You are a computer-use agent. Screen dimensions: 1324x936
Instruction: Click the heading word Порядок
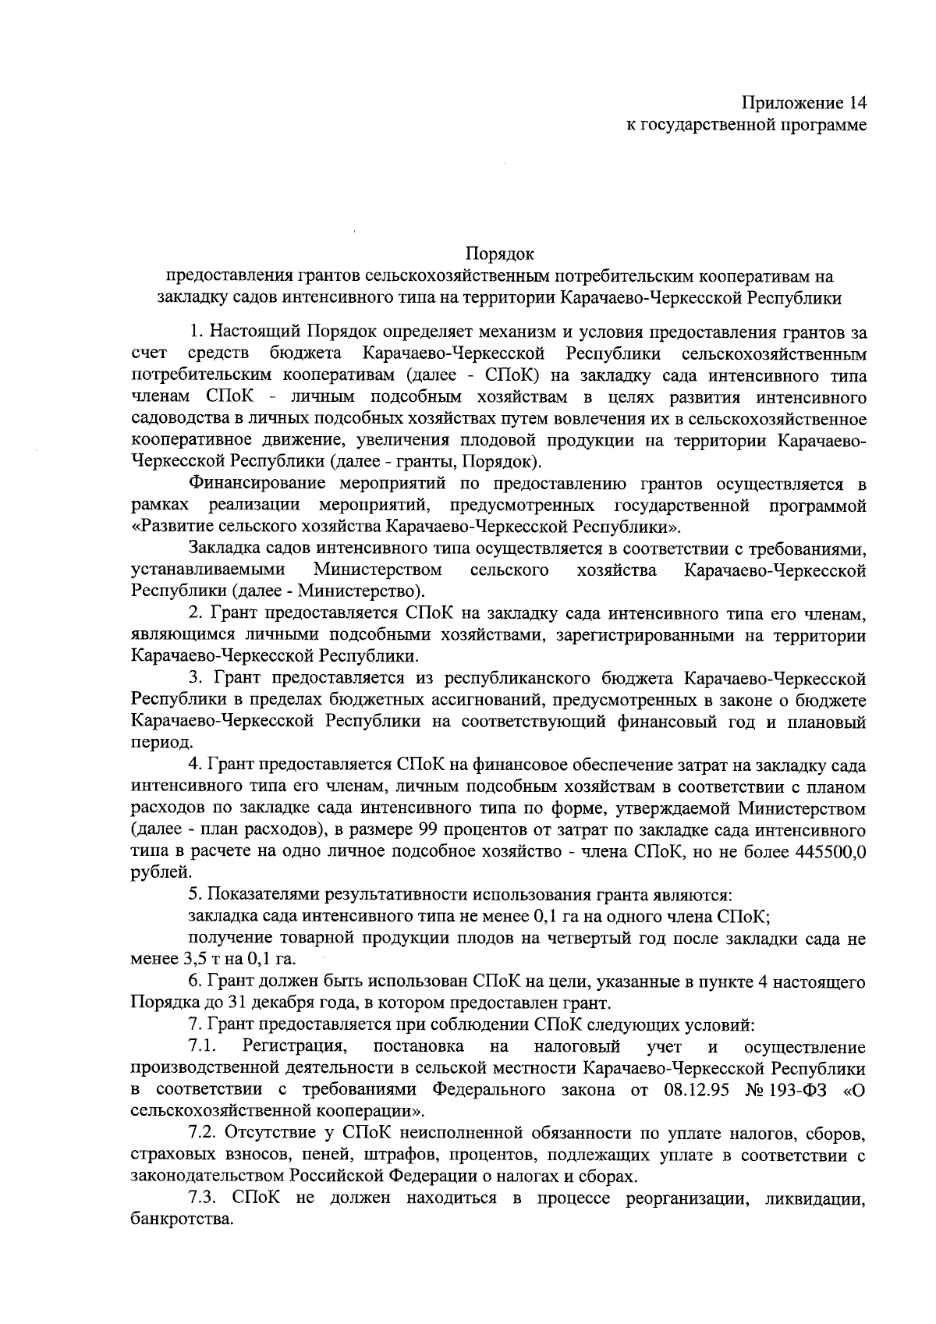(x=499, y=254)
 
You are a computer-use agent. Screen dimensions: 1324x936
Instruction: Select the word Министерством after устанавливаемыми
(x=377, y=571)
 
